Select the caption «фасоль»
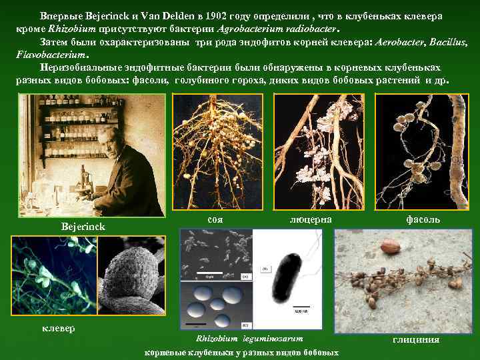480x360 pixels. pos(423,219)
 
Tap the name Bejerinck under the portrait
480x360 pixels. pos(83,227)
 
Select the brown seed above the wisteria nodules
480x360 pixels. pos(390,247)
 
